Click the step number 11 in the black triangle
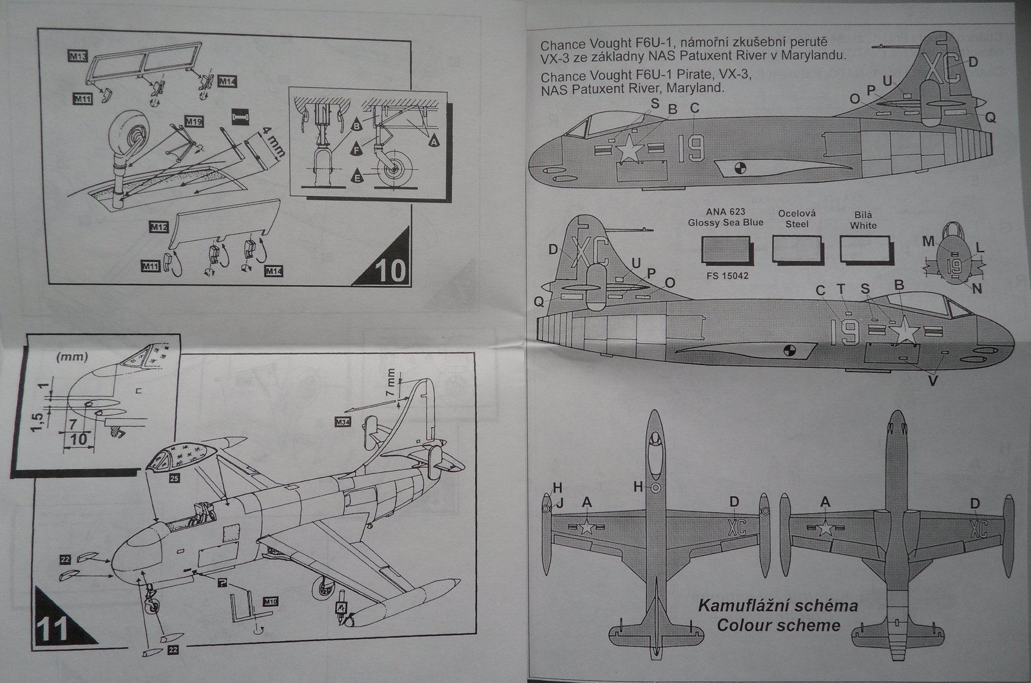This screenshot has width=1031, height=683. tap(54, 628)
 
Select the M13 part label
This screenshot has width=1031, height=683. tap(77, 57)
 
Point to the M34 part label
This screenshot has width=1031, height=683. tap(343, 423)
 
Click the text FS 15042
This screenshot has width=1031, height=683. tap(726, 276)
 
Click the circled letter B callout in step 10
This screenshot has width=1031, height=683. tap(356, 126)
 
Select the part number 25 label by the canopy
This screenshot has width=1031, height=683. tap(174, 479)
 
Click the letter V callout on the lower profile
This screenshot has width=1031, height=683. tap(933, 381)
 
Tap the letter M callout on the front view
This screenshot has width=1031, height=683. tap(928, 241)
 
